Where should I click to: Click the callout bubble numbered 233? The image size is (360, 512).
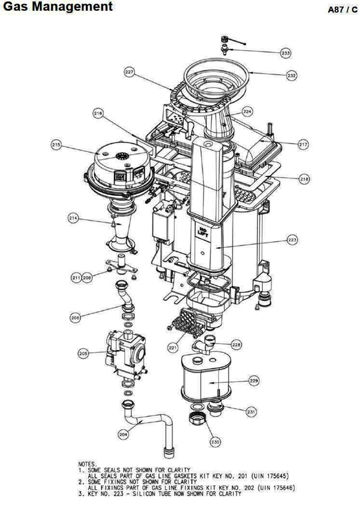pyautogui.click(x=286, y=53)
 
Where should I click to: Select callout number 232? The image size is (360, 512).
pyautogui.click(x=292, y=76)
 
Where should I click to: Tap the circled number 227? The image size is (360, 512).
pyautogui.click(x=130, y=72)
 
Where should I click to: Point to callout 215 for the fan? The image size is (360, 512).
pyautogui.click(x=56, y=145)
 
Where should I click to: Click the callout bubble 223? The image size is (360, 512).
pyautogui.click(x=292, y=240)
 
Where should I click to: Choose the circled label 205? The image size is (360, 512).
pyautogui.click(x=83, y=354)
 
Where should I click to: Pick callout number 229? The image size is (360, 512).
pyautogui.click(x=254, y=381)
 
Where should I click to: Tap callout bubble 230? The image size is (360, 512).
pyautogui.click(x=214, y=442)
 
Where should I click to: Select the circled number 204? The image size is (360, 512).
pyautogui.click(x=123, y=435)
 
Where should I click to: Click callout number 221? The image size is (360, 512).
pyautogui.click(x=173, y=348)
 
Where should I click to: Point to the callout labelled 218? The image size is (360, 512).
pyautogui.click(x=304, y=179)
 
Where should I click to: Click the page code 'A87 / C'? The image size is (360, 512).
pyautogui.click(x=343, y=10)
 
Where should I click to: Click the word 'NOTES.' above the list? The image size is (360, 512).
pyautogui.click(x=88, y=464)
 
